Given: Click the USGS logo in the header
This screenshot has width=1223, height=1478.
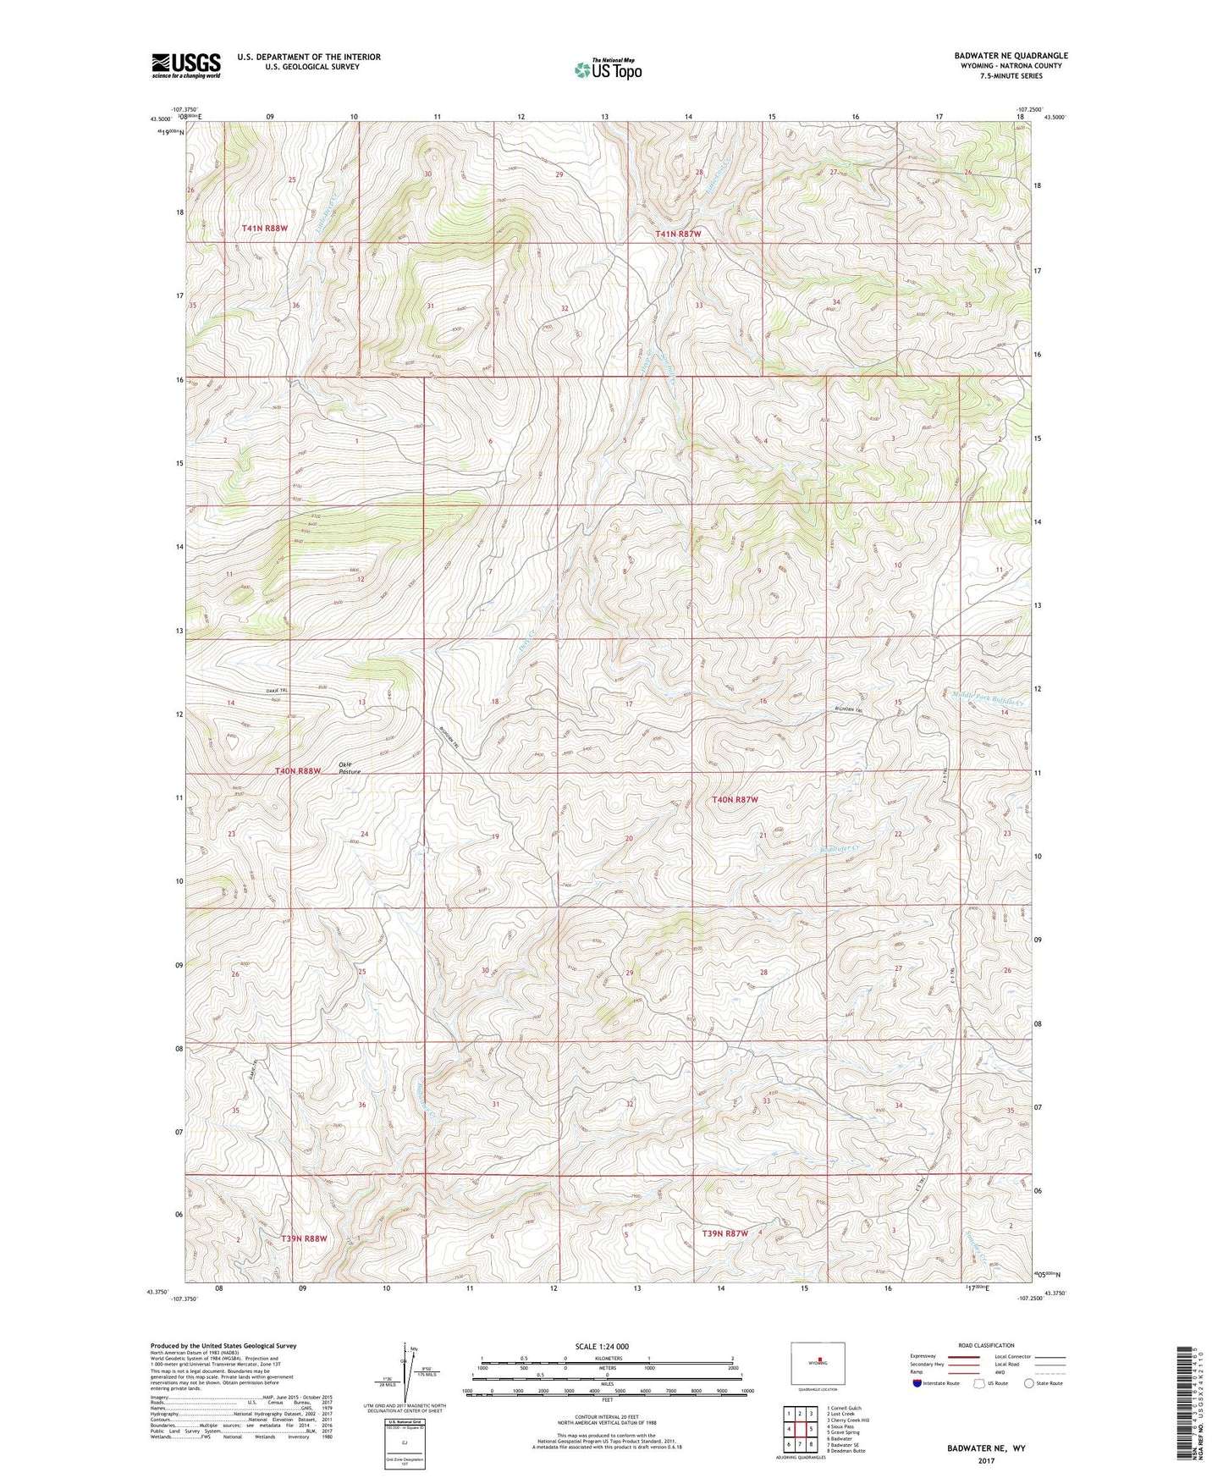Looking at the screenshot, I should [186, 65].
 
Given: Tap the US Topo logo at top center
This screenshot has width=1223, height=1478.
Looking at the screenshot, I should [608, 69].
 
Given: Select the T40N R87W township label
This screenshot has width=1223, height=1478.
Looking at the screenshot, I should [735, 800].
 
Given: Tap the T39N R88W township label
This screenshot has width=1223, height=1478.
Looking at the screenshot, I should [303, 1238].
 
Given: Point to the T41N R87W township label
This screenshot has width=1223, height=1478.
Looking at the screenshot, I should [678, 234].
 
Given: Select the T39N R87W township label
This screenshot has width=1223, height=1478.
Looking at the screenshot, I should [724, 1233].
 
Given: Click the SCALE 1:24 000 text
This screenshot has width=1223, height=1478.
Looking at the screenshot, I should [607, 1346].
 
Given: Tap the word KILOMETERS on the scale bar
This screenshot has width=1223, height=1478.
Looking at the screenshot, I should [607, 1358].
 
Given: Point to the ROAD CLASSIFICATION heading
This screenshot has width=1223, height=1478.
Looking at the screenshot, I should [988, 1345].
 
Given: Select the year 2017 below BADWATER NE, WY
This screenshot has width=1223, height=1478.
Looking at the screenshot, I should [985, 1460].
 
